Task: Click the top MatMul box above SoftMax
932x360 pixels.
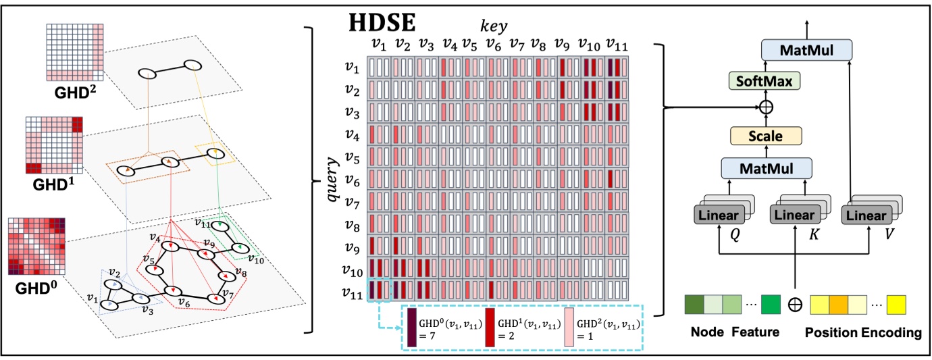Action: [x=807, y=49]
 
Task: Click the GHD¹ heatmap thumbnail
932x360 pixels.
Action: [x=54, y=145]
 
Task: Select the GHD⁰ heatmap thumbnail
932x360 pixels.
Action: [x=35, y=245]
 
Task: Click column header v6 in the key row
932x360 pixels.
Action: [x=494, y=45]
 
